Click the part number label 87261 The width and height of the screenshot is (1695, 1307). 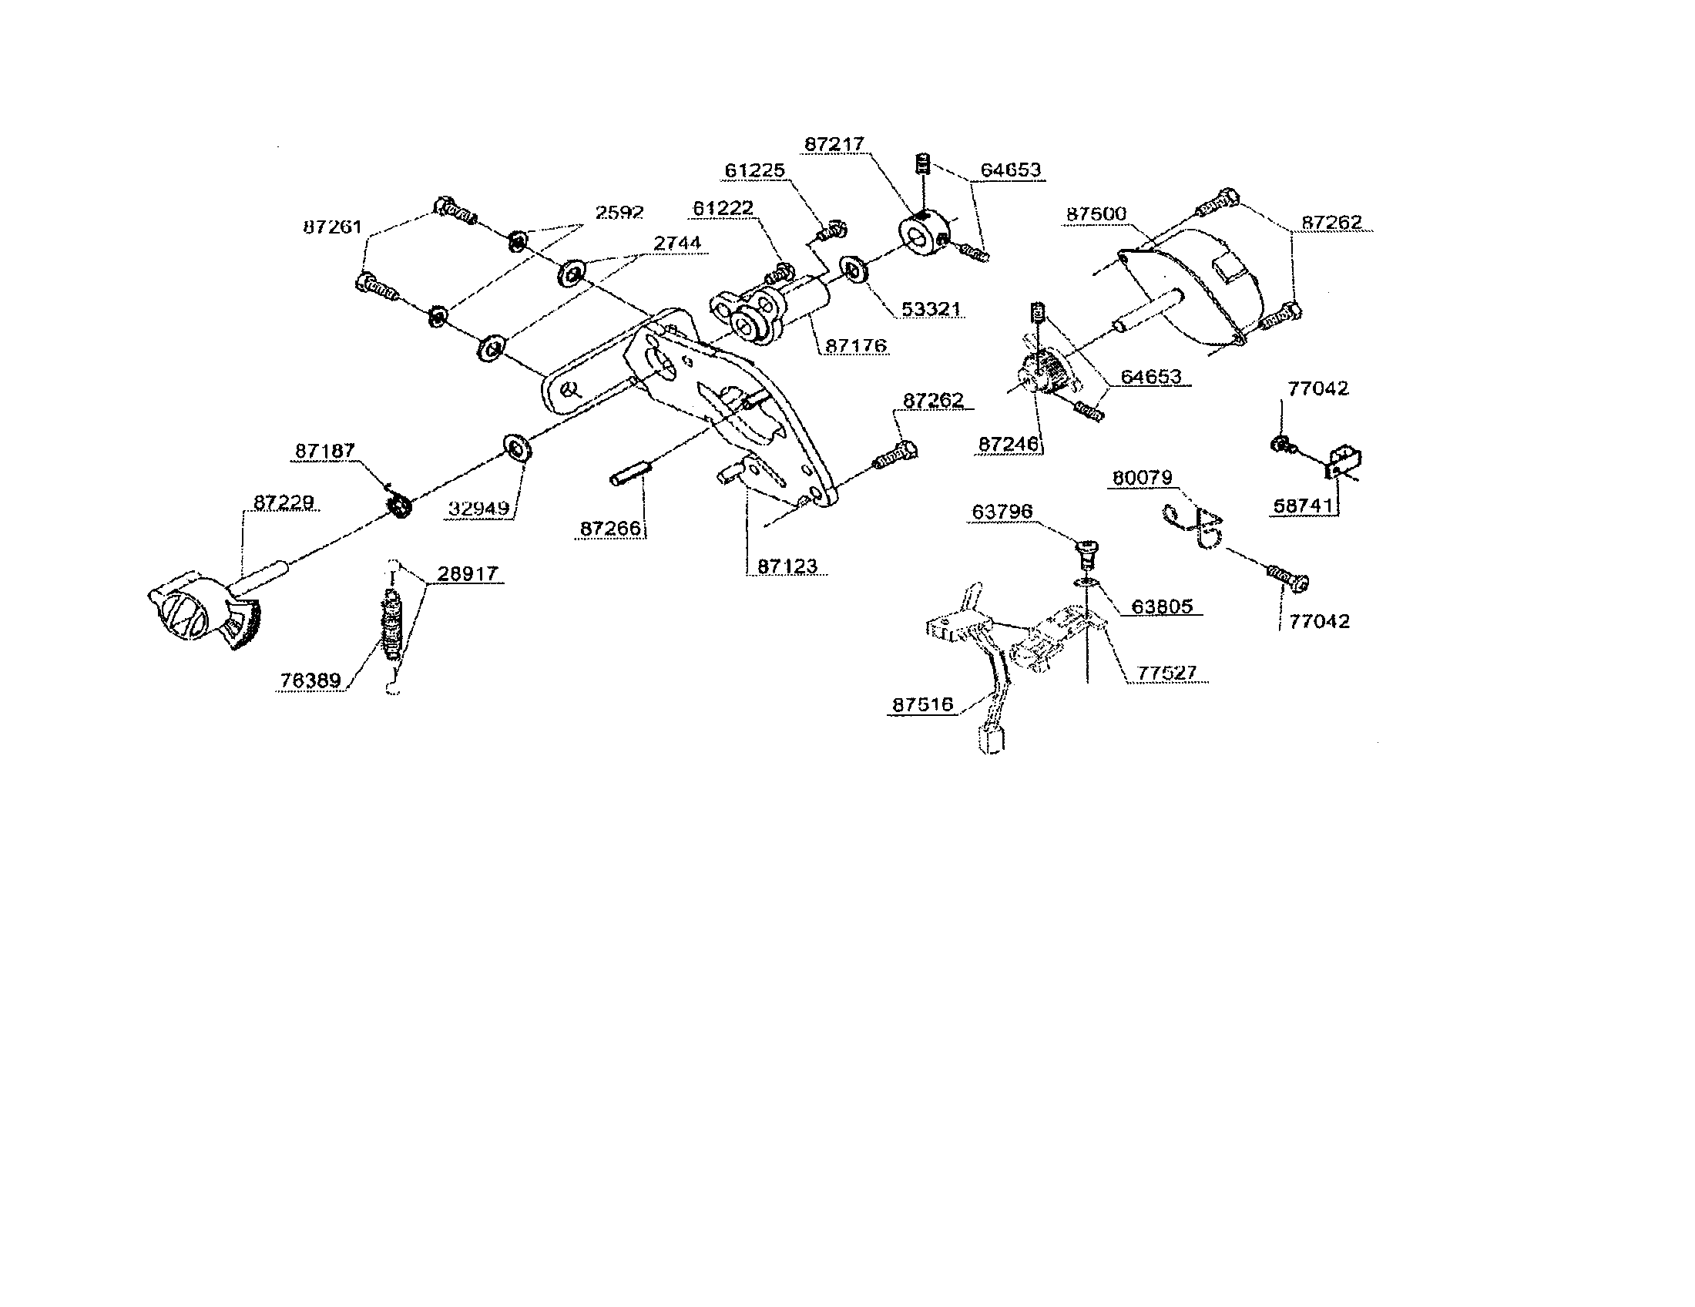tap(331, 227)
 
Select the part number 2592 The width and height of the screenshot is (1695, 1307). tap(619, 212)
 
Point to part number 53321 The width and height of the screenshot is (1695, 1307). tap(931, 309)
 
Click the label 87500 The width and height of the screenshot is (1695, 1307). tap(1096, 213)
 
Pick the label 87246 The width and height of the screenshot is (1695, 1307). tap(1009, 444)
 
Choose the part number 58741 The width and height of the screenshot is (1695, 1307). tap(1303, 506)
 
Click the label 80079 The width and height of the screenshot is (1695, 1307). tap(1142, 477)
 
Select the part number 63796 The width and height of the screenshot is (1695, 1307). tap(1002, 512)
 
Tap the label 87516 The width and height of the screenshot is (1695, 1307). tap(922, 704)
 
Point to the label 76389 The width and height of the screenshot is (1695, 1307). tap(310, 680)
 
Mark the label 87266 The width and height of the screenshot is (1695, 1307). tap(610, 528)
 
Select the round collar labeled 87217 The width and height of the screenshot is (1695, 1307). tap(922, 234)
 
